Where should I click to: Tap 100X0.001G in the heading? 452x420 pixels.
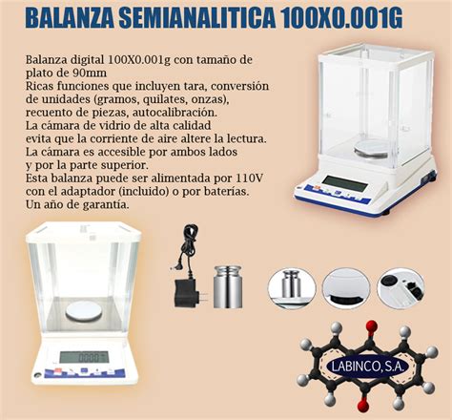click(x=353, y=18)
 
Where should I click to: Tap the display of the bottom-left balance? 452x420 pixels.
click(x=83, y=357)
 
